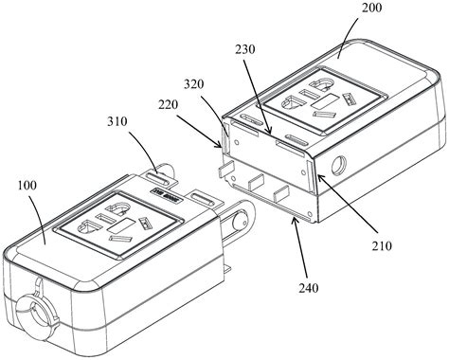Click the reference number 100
pos(27,186)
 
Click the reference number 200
pos(371,8)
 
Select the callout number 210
pos(382,245)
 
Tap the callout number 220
pos(169,104)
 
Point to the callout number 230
pos(245,49)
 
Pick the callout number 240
pos(309,288)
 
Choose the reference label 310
pos(117,121)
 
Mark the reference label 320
pos(194,84)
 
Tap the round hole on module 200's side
pos(338,165)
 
